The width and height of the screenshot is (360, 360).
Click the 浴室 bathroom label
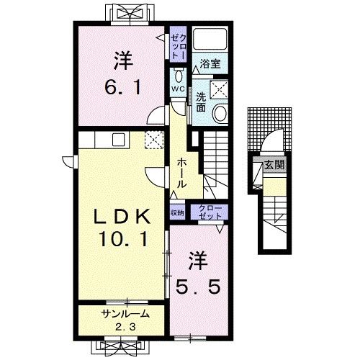[x=210, y=63]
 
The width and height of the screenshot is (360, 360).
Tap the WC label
[x=178, y=89]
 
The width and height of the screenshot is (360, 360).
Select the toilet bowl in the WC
[x=178, y=77]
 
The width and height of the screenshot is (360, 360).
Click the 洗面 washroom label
[x=201, y=102]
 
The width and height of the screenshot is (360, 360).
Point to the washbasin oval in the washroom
[x=220, y=114]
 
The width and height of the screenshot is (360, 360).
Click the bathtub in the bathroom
[x=210, y=39]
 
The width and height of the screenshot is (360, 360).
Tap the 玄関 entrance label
[x=274, y=165]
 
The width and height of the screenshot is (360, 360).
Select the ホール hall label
[x=181, y=173]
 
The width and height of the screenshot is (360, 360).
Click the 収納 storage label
[x=177, y=212]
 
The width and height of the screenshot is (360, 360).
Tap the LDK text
[x=122, y=216]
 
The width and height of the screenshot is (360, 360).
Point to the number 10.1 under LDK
[x=124, y=239]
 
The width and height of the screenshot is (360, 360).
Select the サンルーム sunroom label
[x=125, y=314]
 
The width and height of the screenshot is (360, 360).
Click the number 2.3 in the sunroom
[x=125, y=327]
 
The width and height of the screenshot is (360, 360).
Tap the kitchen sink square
[x=119, y=140]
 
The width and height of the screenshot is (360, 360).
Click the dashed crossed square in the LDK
[x=154, y=140]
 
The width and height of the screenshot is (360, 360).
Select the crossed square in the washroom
[x=219, y=89]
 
